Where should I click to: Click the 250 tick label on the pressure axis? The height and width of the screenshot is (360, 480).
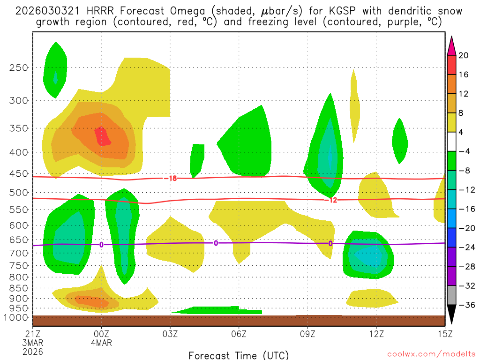(x=18, y=67)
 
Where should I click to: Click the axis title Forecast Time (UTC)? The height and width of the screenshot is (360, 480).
(x=239, y=355)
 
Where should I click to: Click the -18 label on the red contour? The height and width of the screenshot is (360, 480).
(x=170, y=179)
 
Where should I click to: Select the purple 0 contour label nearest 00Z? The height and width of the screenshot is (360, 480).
(x=101, y=245)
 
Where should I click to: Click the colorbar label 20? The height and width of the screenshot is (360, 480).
(x=464, y=55)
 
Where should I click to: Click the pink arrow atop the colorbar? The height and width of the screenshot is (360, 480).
(x=451, y=45)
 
